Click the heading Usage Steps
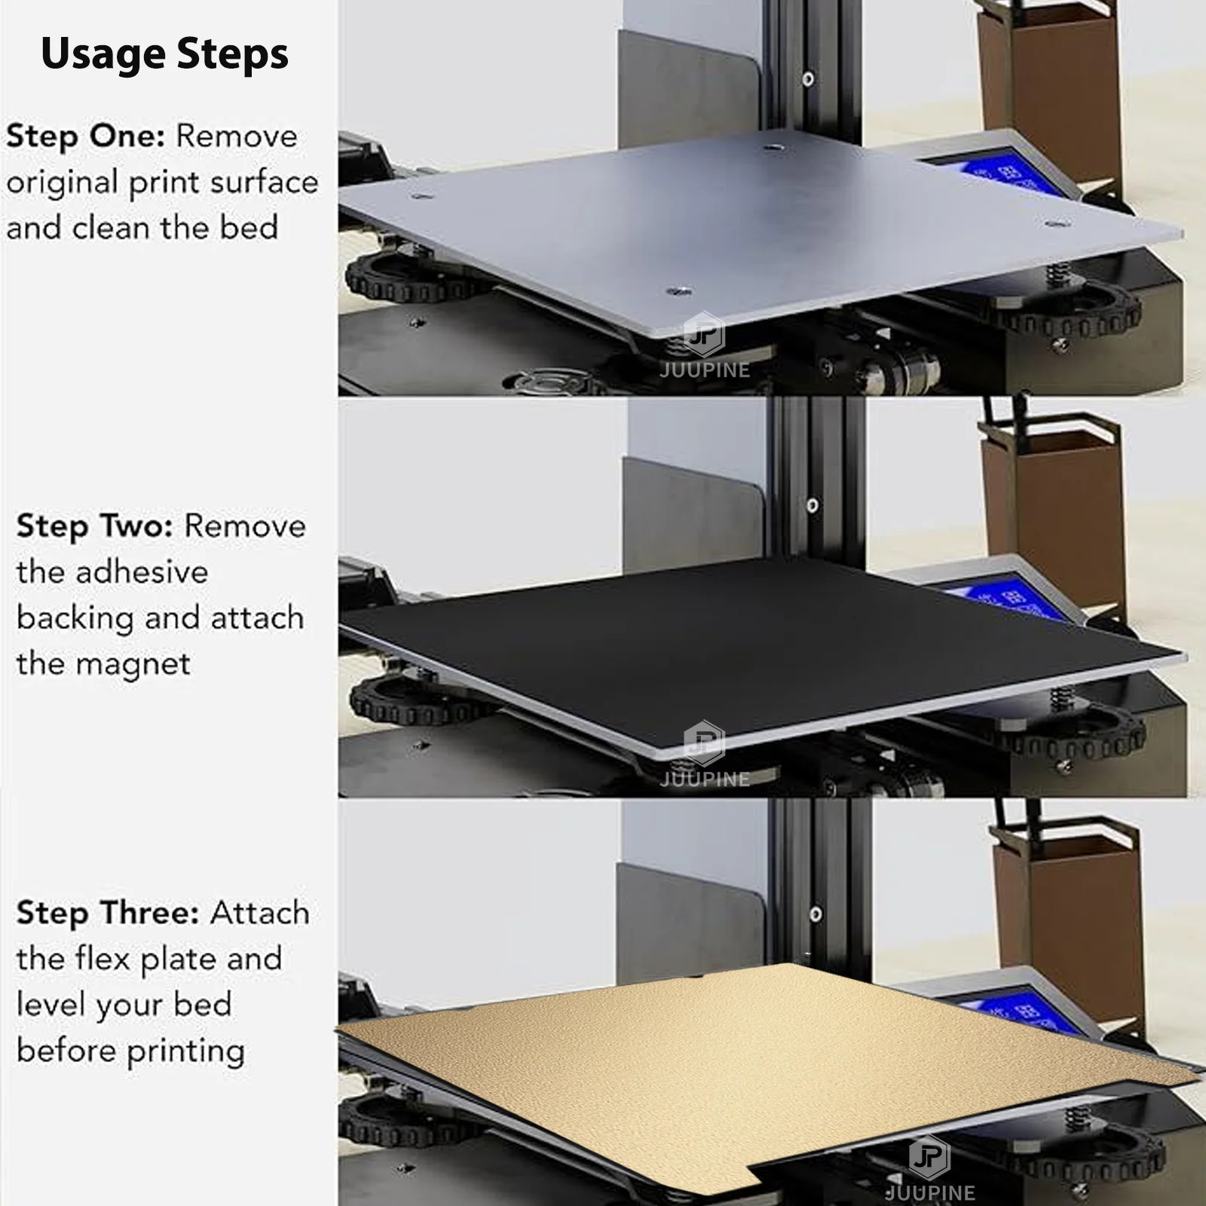pos(164,54)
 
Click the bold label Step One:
pos(85,137)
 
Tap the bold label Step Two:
pos(95,526)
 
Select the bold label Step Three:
pos(107,913)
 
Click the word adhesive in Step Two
pos(142,572)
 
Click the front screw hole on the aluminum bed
pos(679,291)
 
